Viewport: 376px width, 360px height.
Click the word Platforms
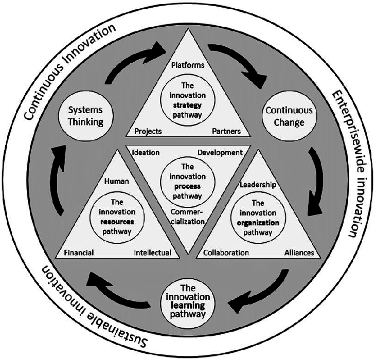[x=187, y=65]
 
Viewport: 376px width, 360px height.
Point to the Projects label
[x=148, y=131]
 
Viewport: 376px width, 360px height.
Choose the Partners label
[x=226, y=131]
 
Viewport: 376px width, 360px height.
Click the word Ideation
[x=146, y=153]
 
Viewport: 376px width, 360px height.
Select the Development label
[x=220, y=153]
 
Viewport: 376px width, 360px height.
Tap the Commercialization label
[x=187, y=217]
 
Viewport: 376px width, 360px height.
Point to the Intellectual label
[x=153, y=253]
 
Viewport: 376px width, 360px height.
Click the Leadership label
[x=258, y=185]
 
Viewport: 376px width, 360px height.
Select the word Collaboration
[x=226, y=253]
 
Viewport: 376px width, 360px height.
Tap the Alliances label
[x=299, y=253]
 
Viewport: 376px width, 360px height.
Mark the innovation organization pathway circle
[x=258, y=217]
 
